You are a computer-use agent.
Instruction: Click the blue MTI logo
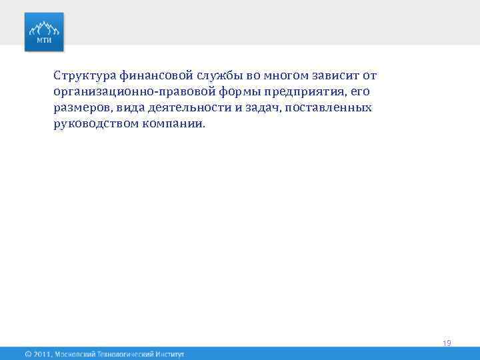(x=45, y=32)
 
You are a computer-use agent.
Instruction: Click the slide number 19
(x=447, y=343)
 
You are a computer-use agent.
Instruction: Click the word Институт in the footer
(x=167, y=354)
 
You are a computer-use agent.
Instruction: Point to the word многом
(x=277, y=75)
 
